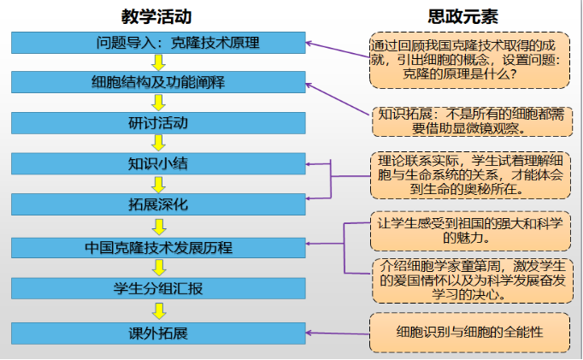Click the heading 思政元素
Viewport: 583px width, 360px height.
tap(463, 16)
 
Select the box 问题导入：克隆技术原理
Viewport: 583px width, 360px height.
tap(158, 42)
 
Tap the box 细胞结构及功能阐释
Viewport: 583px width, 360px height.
tap(158, 82)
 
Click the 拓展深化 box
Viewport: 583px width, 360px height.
tap(158, 204)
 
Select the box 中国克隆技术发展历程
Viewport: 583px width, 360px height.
tap(158, 248)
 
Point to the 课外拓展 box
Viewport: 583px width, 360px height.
tap(158, 333)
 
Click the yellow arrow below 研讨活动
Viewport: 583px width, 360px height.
tap(158, 143)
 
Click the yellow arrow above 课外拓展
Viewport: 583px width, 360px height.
tap(158, 310)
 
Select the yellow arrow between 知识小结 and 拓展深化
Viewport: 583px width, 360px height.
tap(158, 184)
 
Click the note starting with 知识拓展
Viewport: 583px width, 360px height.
tap(470, 121)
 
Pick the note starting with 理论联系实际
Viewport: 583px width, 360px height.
tap(470, 175)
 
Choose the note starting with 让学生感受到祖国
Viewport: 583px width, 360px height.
tap(470, 230)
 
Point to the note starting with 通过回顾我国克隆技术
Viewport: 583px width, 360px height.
tap(470, 60)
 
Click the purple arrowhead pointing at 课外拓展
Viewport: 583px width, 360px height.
tap(310, 333)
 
